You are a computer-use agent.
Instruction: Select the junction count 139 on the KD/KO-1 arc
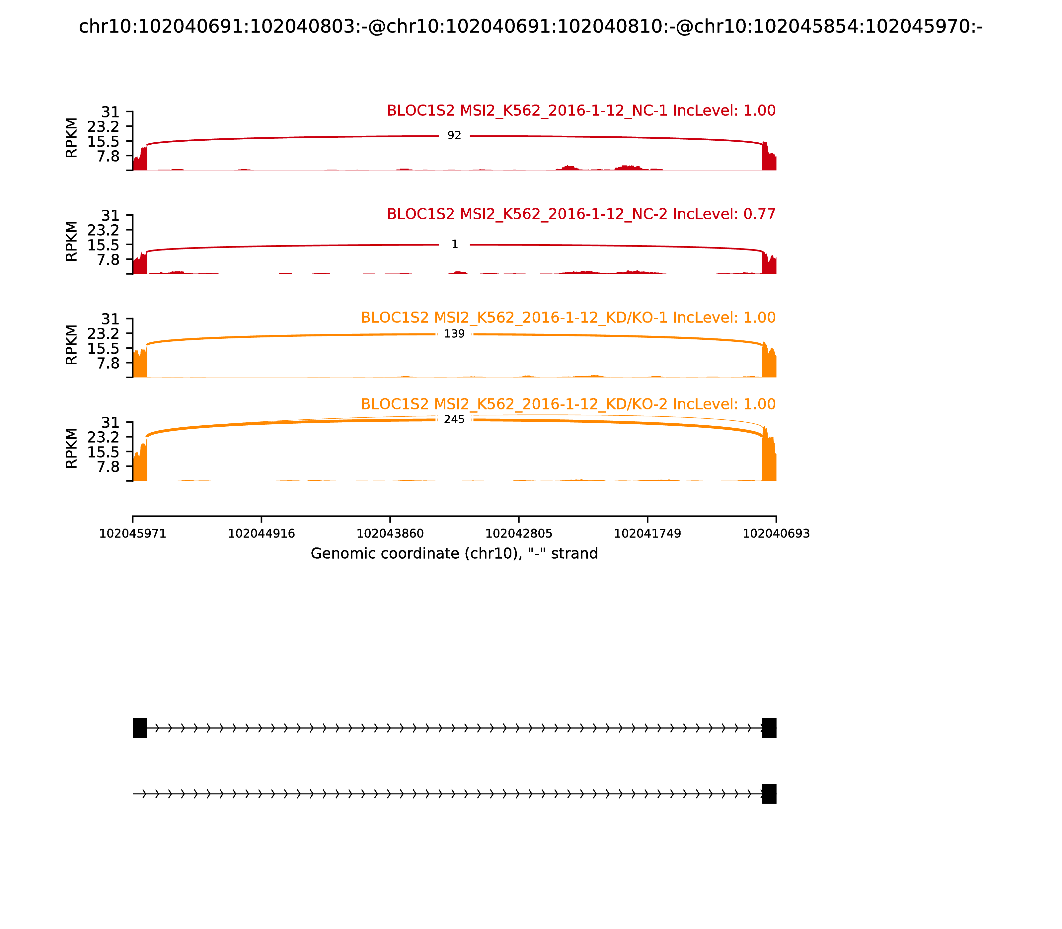[x=454, y=334]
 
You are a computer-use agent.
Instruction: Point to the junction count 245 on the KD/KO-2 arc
[x=454, y=419]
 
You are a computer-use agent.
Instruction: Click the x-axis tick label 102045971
[x=133, y=534]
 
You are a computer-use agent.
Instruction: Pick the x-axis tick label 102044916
[x=262, y=534]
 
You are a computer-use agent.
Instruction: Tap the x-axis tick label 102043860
[x=390, y=534]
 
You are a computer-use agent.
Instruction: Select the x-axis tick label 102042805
[x=518, y=534]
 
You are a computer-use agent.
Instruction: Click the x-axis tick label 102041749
[x=647, y=534]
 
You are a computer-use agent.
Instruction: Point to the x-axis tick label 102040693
[x=776, y=534]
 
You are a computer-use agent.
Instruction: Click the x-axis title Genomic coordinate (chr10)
[x=454, y=554]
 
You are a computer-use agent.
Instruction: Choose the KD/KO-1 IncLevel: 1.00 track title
[x=568, y=318]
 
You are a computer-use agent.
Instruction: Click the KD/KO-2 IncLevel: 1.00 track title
[x=568, y=404]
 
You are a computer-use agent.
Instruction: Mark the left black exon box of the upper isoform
[x=139, y=728]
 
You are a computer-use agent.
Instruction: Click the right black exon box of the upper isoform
[x=769, y=728]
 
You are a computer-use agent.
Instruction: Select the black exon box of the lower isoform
[x=769, y=794]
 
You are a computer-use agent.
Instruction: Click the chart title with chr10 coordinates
[x=530, y=27]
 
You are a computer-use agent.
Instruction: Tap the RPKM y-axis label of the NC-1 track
[x=72, y=138]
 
